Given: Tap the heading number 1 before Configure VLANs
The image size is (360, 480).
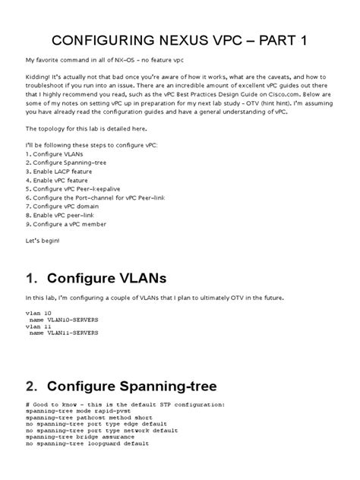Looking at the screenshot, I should pos(31,275).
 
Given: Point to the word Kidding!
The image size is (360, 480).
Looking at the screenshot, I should pos(42,78).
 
